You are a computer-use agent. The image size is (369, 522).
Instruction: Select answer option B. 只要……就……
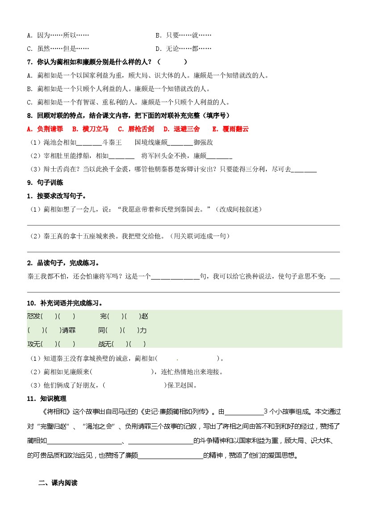coord(183,35)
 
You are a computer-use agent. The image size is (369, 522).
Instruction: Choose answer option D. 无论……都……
coord(183,49)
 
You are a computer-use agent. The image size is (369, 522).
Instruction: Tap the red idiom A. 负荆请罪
coord(45,129)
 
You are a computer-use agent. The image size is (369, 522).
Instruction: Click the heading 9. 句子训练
coord(45,182)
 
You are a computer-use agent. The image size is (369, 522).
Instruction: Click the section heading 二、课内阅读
coord(58,483)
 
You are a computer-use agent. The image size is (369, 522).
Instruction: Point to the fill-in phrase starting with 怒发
coord(51,317)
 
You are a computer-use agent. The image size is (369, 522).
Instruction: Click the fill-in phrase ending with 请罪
coord(51,330)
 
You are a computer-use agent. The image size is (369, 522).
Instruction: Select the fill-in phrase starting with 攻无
coord(51,344)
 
